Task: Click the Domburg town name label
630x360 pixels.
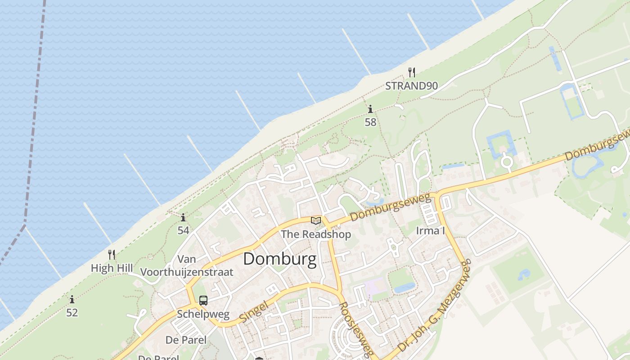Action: (x=280, y=260)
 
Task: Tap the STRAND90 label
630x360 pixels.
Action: (x=411, y=85)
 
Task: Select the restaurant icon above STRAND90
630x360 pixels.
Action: (x=411, y=72)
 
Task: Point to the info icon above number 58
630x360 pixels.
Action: (x=370, y=109)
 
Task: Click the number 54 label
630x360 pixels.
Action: (x=183, y=230)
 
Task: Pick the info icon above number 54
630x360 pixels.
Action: (x=183, y=218)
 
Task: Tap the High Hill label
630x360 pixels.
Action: (x=112, y=268)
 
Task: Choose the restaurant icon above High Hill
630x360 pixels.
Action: (x=112, y=255)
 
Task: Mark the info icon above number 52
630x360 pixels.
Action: (x=72, y=299)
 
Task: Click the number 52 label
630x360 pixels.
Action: (x=72, y=312)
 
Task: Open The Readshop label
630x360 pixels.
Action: (x=316, y=234)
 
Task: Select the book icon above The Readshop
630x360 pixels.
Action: (x=316, y=220)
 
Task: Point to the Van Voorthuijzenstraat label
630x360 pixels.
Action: (x=187, y=265)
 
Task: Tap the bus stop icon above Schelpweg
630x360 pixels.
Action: (x=203, y=300)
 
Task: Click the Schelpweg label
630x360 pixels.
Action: (x=203, y=314)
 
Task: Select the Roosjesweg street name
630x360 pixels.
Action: (x=356, y=328)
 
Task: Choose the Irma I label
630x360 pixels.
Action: (x=430, y=231)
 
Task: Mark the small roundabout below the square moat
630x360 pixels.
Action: (x=507, y=161)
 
